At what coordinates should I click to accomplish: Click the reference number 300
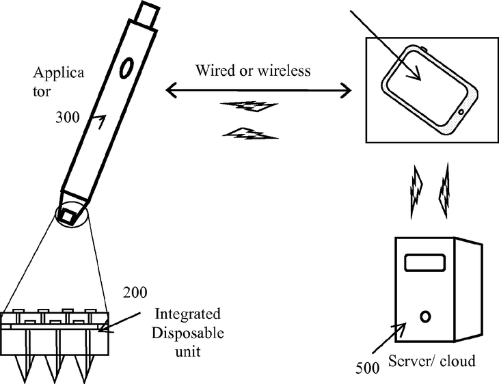(x=67, y=117)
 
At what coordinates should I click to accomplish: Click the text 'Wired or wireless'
(x=253, y=71)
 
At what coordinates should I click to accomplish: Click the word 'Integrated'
(x=188, y=315)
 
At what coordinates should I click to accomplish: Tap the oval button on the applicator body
(x=127, y=66)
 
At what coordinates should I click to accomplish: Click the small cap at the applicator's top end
(x=148, y=12)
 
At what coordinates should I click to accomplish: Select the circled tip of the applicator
(x=69, y=215)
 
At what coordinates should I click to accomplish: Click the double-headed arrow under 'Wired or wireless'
(x=258, y=89)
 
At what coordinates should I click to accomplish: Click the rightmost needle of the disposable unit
(x=84, y=355)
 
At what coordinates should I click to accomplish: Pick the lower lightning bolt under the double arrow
(x=252, y=133)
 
